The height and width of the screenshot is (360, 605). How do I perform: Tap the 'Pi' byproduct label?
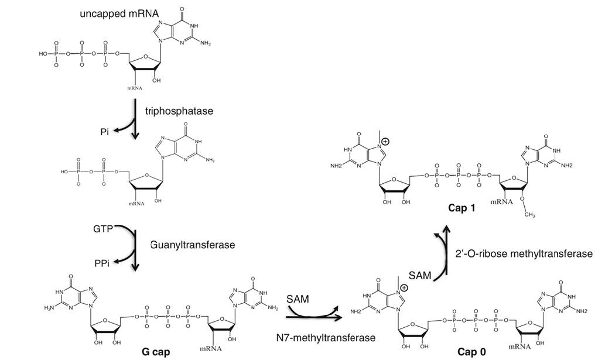point(105,132)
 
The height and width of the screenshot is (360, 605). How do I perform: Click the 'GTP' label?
point(103,228)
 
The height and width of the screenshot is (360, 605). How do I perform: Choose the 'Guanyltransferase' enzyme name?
point(192,244)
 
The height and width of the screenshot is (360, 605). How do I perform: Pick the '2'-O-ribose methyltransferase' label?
point(524,253)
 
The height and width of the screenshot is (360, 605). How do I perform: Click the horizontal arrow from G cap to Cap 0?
point(314,317)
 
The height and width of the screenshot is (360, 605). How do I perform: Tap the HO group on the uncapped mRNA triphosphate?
point(45,53)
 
